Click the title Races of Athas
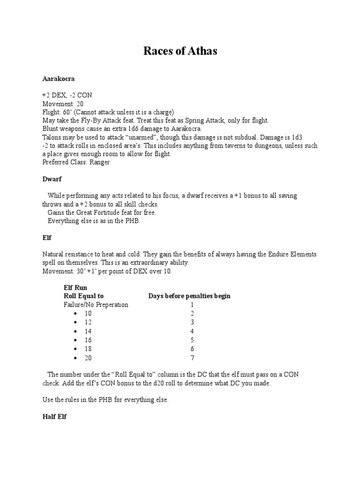click(x=180, y=52)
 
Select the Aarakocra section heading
click(x=59, y=78)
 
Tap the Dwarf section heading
click(x=52, y=179)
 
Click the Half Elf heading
click(x=54, y=417)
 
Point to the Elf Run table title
click(x=75, y=287)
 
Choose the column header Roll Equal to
click(x=83, y=296)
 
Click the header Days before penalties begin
click(x=189, y=296)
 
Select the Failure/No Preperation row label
click(x=96, y=305)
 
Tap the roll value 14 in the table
click(x=88, y=331)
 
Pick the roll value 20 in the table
click(x=88, y=358)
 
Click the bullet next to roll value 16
click(x=75, y=340)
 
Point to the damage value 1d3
click(x=296, y=137)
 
